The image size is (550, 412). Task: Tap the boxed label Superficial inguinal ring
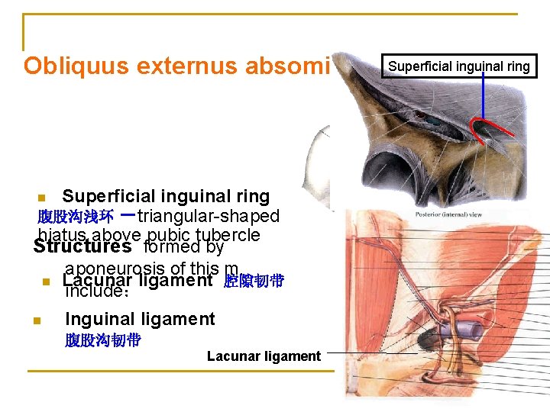[x=459, y=66]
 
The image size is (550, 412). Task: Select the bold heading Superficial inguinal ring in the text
[x=166, y=197]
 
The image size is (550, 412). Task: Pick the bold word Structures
[x=82, y=246]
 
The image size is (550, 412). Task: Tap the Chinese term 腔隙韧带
[x=254, y=282]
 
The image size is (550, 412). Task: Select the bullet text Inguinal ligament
[x=140, y=319]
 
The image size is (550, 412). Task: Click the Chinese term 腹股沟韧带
[x=102, y=340]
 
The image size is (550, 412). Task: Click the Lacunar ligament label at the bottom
[x=264, y=356]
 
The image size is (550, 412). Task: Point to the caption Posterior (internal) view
[x=448, y=215]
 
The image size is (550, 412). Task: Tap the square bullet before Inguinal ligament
[x=37, y=320]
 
